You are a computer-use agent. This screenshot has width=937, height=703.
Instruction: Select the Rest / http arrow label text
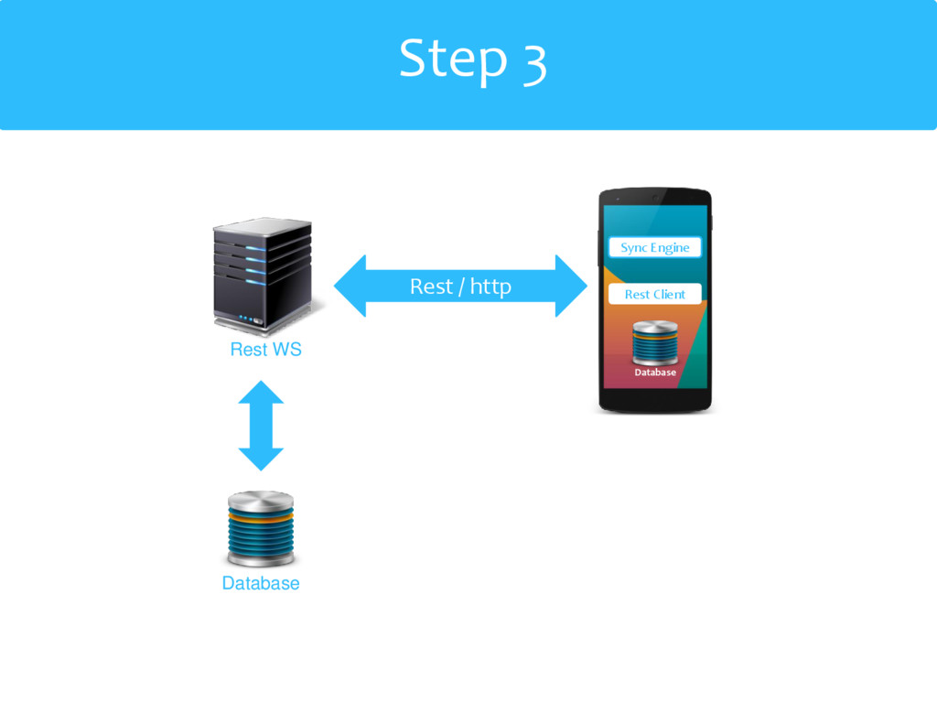pos(460,287)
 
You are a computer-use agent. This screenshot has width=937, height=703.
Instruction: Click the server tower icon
pos(263,275)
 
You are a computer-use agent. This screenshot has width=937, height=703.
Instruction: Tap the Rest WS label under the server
pos(265,350)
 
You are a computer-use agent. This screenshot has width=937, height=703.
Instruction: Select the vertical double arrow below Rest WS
pos(262,426)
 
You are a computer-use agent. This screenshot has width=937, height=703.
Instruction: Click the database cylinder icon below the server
pos(261,530)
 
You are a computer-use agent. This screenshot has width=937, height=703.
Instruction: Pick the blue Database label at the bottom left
pos(261,583)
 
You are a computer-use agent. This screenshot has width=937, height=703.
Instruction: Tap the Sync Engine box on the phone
pos(655,247)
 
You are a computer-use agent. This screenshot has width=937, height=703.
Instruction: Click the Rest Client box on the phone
pos(655,294)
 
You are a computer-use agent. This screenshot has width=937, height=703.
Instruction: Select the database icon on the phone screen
pos(654,342)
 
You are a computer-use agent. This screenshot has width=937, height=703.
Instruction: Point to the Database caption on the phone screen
pos(655,373)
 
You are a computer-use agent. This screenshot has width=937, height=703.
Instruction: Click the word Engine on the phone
pos(670,248)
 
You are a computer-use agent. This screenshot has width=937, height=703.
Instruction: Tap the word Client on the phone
pos(669,294)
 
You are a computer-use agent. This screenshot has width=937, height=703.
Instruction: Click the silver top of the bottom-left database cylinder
pos(261,501)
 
